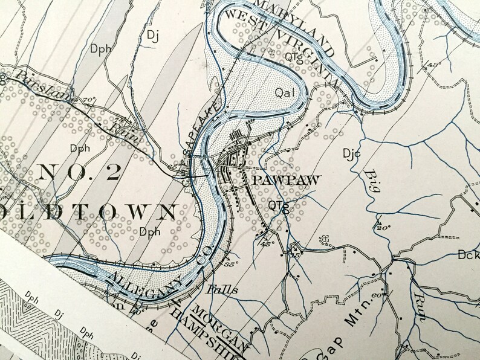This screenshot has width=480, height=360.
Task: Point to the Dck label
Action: pos(468,256)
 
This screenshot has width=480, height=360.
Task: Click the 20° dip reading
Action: pos(382,228)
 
